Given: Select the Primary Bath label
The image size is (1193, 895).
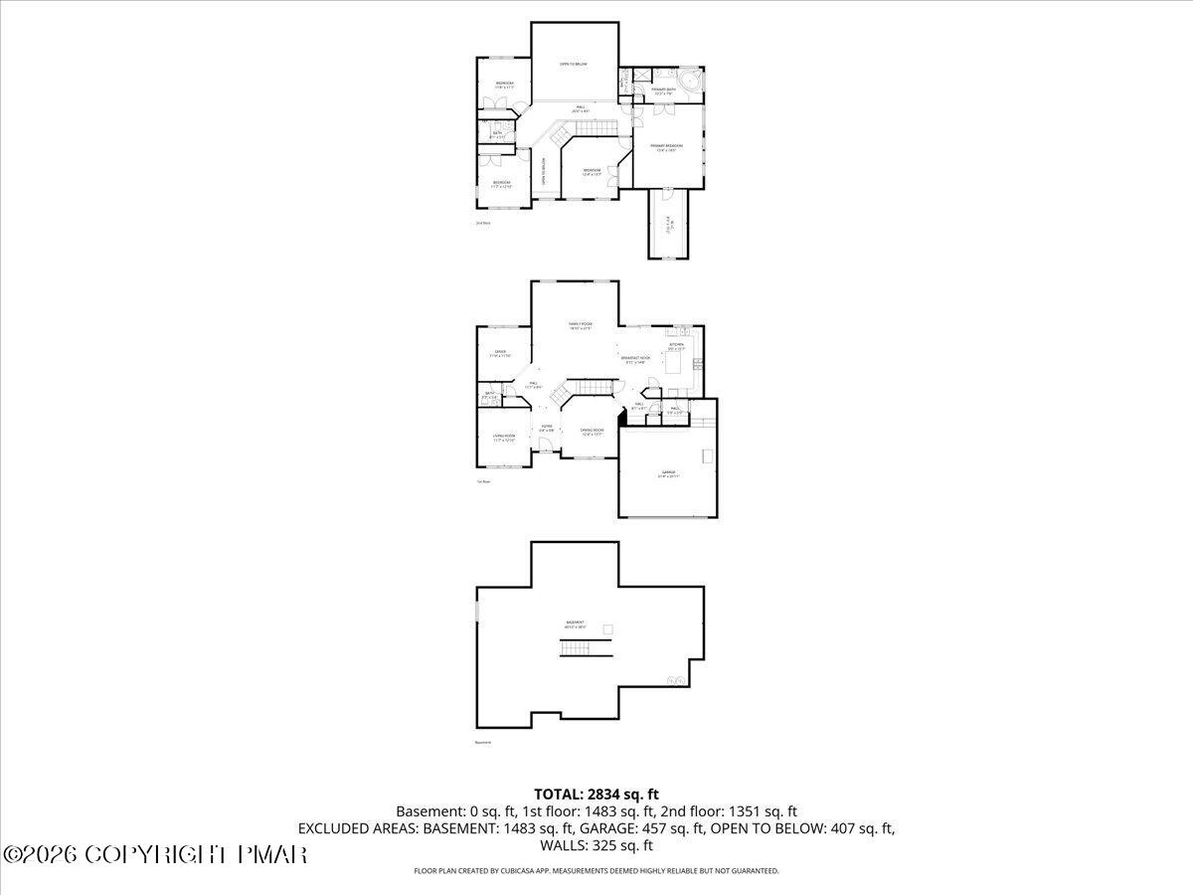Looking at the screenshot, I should coord(663,91).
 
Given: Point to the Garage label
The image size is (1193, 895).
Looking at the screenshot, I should coord(667,473).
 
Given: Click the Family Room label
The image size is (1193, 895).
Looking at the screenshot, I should coord(580,325).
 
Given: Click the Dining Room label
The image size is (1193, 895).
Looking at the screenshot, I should coord(592,431).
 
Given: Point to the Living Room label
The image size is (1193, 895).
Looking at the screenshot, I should coord(504,437).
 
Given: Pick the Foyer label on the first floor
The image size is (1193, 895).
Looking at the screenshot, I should coord(547,427).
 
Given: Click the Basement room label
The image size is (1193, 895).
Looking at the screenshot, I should coord(576,624).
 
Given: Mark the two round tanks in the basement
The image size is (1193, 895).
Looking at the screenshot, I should coord(676,681).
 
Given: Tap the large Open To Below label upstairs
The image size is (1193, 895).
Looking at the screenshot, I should coord(573,65).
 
